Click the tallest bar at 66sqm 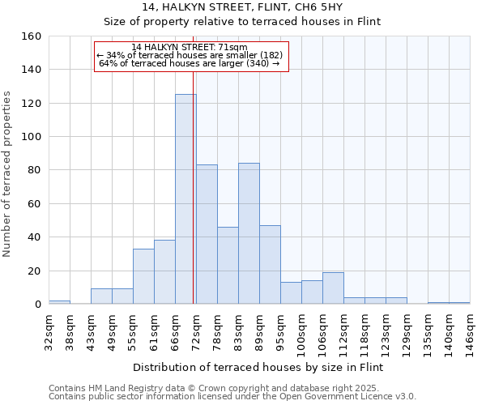click(x=185, y=199)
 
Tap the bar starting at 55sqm click(x=143, y=276)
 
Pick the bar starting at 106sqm click(x=333, y=288)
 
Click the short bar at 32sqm click(x=59, y=302)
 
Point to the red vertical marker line click(x=194, y=186)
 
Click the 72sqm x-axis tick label click(x=196, y=331)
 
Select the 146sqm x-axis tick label click(x=470, y=332)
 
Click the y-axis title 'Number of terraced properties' click(x=7, y=173)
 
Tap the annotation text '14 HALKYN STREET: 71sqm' click(x=190, y=48)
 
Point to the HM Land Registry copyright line click(x=232, y=388)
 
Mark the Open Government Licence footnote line click(x=232, y=397)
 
